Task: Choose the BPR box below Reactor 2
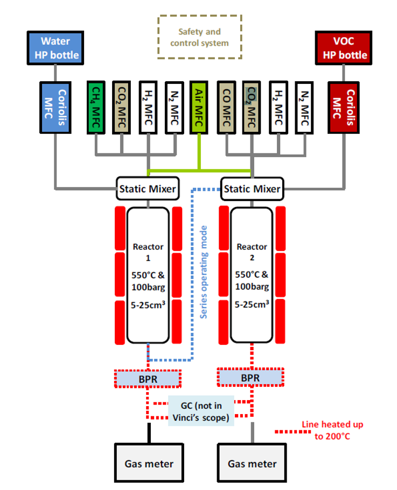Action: point(250,378)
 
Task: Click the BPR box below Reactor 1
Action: point(147,379)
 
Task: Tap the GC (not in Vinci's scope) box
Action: point(201,411)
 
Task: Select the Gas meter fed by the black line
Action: point(149,464)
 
